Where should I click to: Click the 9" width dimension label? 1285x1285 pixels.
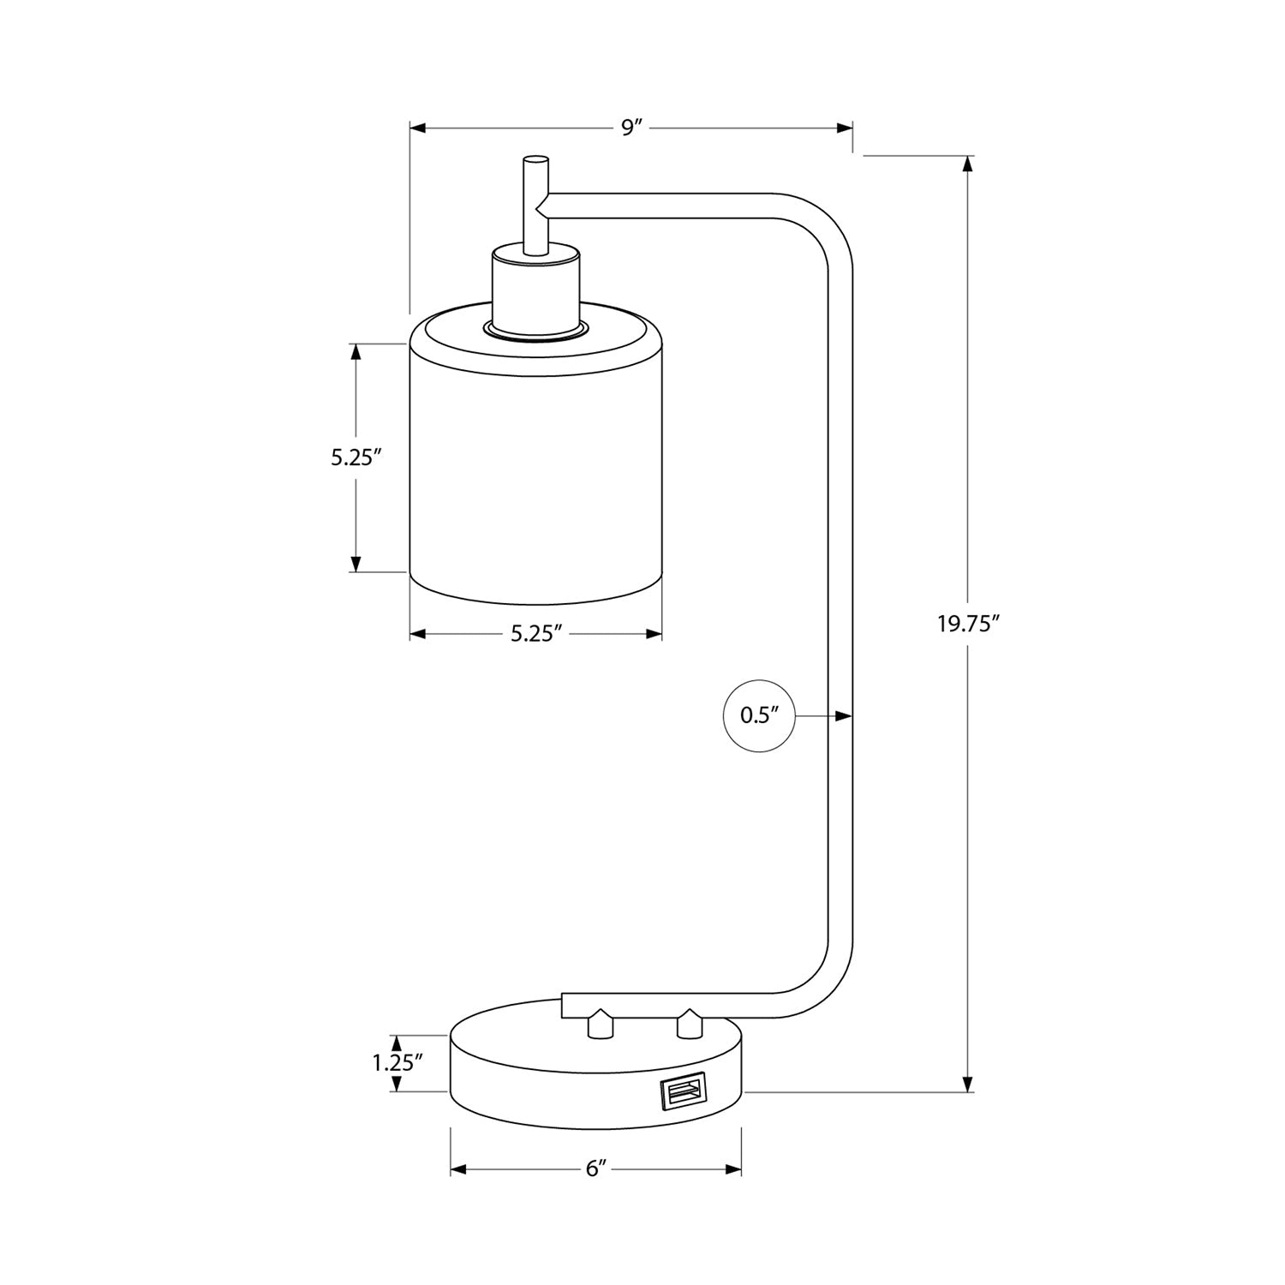click(632, 128)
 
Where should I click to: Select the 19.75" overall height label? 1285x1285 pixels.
click(968, 624)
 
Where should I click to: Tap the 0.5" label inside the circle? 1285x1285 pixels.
click(758, 716)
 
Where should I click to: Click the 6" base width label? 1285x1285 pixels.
click(596, 1170)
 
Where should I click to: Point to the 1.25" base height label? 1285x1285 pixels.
click(397, 1063)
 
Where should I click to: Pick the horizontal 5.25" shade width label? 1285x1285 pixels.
click(536, 634)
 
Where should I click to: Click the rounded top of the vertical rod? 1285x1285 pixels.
click(536, 159)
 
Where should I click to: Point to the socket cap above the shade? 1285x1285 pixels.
click(535, 291)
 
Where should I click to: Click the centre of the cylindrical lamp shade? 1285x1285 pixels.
click(536, 463)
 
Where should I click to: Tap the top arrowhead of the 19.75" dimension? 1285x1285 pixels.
click(968, 164)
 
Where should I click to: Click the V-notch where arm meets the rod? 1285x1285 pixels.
click(540, 205)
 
